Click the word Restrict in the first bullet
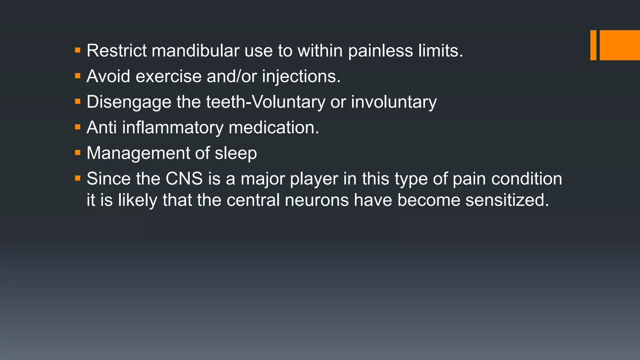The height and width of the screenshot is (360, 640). point(117,51)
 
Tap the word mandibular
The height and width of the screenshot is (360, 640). point(195,51)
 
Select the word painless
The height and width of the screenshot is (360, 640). point(380,51)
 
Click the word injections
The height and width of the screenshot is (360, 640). point(301,77)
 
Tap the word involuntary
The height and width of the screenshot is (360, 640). point(394,102)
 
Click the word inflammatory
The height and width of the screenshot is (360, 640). point(172,128)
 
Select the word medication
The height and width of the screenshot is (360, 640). point(274,128)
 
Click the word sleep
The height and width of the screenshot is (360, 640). point(236,153)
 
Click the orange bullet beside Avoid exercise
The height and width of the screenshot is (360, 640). point(78,76)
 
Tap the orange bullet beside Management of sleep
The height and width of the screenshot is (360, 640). point(78,153)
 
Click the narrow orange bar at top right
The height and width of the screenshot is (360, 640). point(593,45)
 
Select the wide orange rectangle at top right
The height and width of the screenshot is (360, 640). point(620,45)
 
